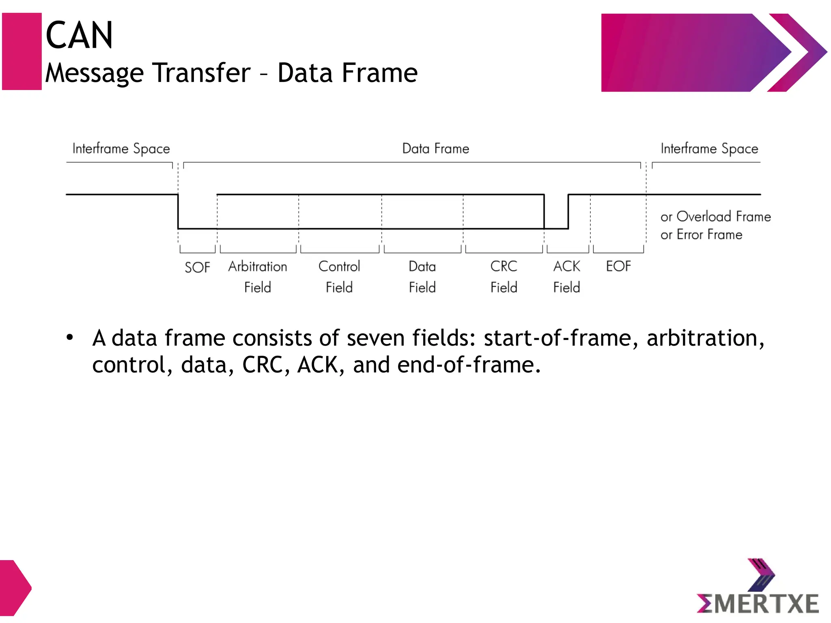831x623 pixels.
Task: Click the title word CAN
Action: (79, 36)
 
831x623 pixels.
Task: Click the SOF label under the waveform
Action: (197, 268)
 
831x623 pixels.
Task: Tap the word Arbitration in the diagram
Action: (258, 266)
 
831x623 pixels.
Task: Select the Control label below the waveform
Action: (339, 266)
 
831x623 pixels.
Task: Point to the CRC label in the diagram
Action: (504, 266)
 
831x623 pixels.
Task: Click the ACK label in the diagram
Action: (566, 266)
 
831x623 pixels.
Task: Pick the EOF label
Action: (618, 266)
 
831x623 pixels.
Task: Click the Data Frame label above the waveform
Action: (435, 148)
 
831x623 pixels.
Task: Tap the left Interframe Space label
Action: (121, 149)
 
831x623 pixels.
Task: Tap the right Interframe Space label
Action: (709, 149)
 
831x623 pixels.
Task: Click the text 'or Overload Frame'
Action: (715, 217)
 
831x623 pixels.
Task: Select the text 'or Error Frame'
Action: (701, 235)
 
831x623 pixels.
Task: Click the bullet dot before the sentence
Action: (70, 337)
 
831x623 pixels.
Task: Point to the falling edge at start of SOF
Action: (178, 212)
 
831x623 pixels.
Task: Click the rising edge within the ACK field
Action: (568, 212)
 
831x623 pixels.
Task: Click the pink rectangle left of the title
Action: (22, 52)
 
